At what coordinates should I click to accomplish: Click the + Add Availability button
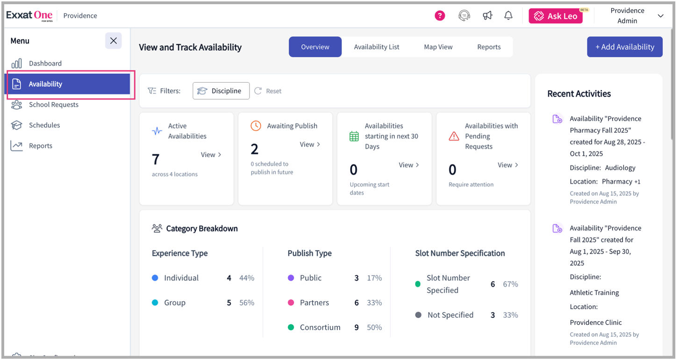click(x=624, y=47)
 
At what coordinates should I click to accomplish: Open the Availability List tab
click(x=377, y=47)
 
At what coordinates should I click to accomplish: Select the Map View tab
click(x=438, y=47)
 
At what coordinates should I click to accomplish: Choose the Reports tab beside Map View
click(x=489, y=47)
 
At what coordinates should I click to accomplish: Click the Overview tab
click(x=315, y=47)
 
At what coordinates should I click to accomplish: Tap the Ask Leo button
click(x=556, y=16)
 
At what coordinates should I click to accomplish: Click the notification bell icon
click(x=508, y=16)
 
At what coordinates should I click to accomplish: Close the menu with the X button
click(x=114, y=41)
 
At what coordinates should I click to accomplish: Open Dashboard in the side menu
click(x=45, y=63)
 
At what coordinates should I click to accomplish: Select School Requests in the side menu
click(x=53, y=105)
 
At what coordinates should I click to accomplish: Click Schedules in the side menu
click(x=44, y=125)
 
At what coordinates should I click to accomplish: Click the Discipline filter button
click(x=221, y=91)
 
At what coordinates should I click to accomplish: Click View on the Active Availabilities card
click(x=211, y=155)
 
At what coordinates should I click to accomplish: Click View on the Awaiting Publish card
click(x=310, y=144)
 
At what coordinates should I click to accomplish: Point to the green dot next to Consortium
click(x=291, y=327)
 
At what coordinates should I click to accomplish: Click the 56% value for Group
click(x=247, y=302)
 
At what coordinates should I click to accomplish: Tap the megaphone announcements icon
click(x=487, y=16)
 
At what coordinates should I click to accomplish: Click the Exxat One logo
click(x=29, y=15)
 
